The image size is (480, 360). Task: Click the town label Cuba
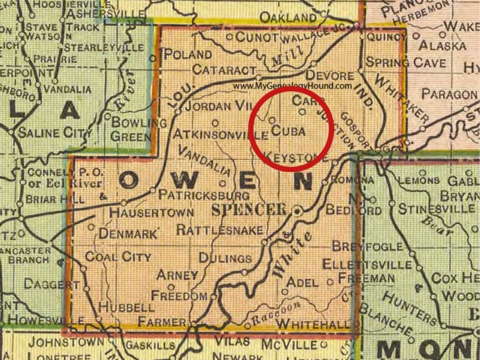[x=288, y=131]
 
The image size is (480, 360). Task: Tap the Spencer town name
[x=250, y=210]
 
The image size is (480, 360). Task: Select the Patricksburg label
[x=204, y=195]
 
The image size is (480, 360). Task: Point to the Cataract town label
[x=225, y=70]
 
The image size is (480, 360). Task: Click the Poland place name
[x=188, y=55]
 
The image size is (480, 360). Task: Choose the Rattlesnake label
[x=220, y=230]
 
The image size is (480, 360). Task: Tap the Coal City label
[x=118, y=256]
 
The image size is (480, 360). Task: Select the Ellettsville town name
[x=367, y=264]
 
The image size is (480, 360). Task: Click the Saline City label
[x=53, y=132]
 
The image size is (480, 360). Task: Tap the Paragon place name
[x=449, y=94]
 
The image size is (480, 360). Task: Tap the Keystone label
[x=297, y=157]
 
